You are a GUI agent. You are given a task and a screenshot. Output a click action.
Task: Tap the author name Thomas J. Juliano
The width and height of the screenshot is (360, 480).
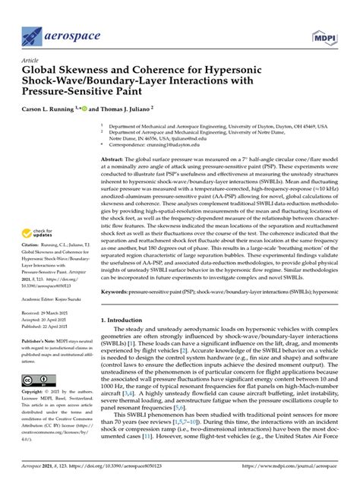122,109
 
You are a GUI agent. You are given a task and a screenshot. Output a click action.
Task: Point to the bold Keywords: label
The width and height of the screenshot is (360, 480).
119,311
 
